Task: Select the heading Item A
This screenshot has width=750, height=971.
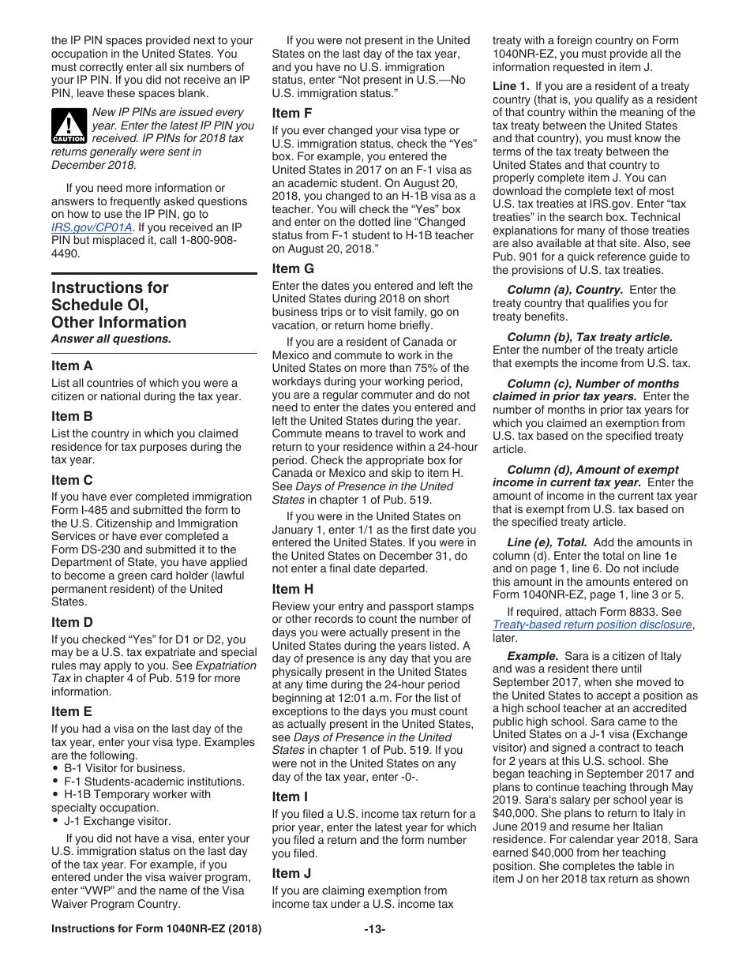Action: click(x=72, y=366)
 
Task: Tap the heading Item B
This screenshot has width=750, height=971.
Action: click(x=72, y=416)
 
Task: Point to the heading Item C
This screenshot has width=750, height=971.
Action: click(x=72, y=480)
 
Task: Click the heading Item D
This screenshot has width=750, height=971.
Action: click(x=72, y=622)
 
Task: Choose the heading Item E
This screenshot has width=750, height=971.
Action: click(x=72, y=711)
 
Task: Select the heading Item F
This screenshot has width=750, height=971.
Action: click(x=292, y=113)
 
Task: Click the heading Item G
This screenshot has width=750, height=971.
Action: click(x=293, y=268)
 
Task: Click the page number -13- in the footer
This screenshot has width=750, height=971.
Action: click(x=374, y=929)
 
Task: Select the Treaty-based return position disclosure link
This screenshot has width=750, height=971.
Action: click(x=592, y=624)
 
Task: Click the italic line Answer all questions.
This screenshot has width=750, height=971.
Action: click(x=111, y=339)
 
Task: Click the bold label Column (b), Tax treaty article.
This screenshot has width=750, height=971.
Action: click(x=590, y=336)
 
